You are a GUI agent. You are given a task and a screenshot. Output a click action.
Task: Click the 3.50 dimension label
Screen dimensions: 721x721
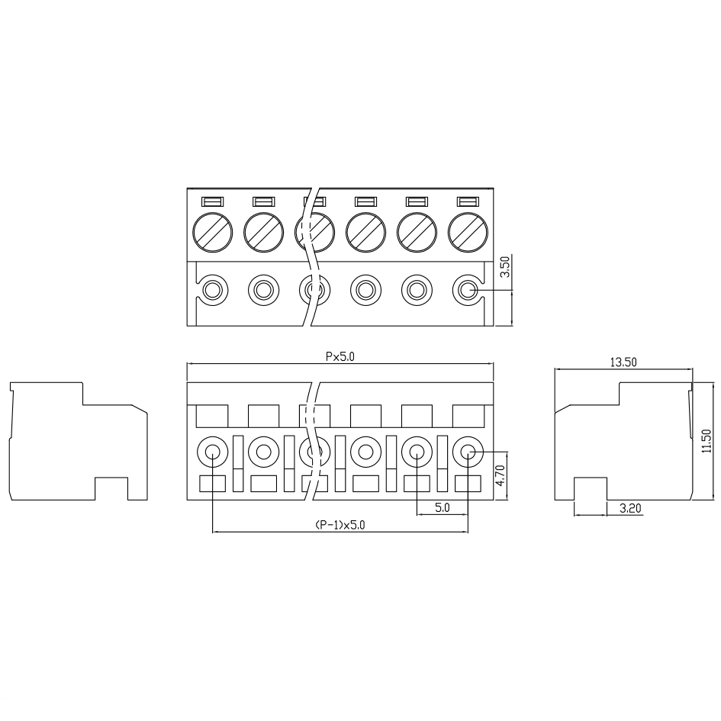[x=504, y=268]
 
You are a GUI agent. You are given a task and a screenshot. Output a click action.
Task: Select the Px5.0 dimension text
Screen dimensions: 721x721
[x=340, y=356]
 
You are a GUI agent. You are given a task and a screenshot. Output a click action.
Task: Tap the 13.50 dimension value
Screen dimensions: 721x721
[x=623, y=362]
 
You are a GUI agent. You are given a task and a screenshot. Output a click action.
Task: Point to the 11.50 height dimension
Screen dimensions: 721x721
[x=706, y=441]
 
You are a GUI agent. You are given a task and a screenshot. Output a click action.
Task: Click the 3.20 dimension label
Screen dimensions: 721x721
[x=629, y=507]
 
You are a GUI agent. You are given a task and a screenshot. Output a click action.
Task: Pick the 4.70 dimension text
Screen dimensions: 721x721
[x=501, y=476]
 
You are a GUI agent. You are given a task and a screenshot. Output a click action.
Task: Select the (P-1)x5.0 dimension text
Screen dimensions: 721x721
[x=340, y=525]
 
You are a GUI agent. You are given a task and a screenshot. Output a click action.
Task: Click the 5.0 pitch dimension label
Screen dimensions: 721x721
[x=442, y=507]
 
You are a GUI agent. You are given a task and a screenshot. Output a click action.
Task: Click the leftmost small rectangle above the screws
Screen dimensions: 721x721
[x=212, y=202]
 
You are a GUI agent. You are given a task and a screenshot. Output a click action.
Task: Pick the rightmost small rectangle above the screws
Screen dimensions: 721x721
[x=468, y=202]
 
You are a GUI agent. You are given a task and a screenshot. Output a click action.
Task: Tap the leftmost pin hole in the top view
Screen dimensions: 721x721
[x=212, y=290]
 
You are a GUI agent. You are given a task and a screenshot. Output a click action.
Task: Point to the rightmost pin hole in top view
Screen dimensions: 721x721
[x=468, y=290]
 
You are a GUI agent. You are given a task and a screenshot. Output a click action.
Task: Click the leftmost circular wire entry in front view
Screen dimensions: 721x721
[x=212, y=452]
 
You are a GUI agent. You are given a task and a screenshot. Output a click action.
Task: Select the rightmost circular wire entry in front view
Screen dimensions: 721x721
[x=468, y=452]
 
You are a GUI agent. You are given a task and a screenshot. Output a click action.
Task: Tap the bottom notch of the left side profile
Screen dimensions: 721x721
[x=111, y=489]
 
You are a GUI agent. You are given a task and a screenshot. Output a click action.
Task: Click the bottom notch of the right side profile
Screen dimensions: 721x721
[x=590, y=489]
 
